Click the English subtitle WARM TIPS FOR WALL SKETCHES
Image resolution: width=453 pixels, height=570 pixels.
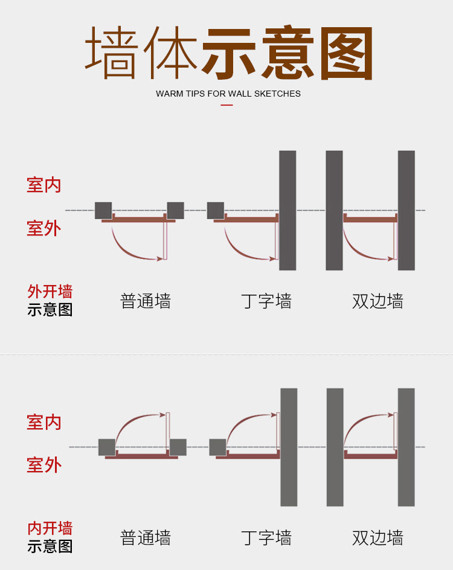pos(228,94)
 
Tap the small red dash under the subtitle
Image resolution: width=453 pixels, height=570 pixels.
pos(226,105)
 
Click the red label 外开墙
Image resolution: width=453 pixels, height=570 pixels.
pos(50,292)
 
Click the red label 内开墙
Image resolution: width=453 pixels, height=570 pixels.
pos(50,528)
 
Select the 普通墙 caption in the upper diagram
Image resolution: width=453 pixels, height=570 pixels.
pos(146,301)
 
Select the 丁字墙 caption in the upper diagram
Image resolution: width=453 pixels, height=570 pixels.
pos(266,301)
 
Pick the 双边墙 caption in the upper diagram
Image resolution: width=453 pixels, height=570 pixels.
pos(377,301)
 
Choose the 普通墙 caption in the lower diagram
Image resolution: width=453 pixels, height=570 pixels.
pos(146,537)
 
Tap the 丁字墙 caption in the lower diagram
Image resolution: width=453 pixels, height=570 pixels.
pos(266,537)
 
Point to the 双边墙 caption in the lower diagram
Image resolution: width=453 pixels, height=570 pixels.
pos(377,537)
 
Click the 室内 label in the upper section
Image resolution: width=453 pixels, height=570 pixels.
pos(44,185)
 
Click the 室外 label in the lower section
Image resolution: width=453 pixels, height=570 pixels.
pos(44,465)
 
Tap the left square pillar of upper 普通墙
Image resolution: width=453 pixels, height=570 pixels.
pos(103,210)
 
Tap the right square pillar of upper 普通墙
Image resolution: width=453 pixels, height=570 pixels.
pos(175,210)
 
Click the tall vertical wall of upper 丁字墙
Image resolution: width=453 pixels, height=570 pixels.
pos(288,210)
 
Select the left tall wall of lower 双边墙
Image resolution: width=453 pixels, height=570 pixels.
pos(335,447)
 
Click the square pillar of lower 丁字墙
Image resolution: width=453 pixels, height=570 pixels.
pos(217,447)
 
